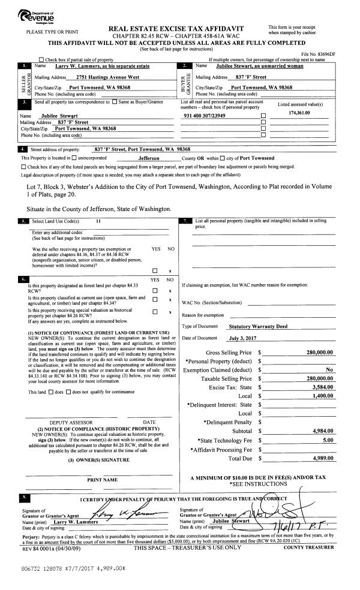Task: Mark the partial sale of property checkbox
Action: [x=41, y=60]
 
